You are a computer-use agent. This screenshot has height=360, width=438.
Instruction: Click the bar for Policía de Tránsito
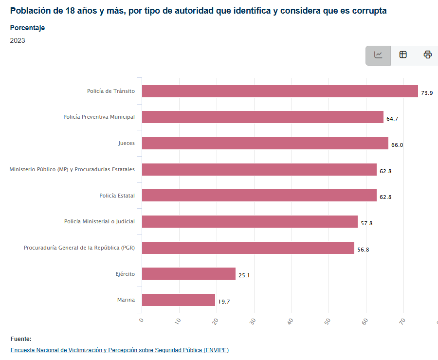click(x=280, y=91)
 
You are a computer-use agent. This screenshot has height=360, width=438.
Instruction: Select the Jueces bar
click(x=265, y=144)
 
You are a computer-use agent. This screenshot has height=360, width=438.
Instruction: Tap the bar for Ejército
click(x=189, y=274)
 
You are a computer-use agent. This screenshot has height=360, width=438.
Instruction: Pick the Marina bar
click(x=179, y=300)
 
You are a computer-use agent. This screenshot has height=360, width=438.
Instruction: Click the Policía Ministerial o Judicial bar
click(x=250, y=222)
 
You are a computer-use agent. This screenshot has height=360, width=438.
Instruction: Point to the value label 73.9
click(x=427, y=92)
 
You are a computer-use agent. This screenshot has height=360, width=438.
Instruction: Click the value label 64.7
click(x=392, y=119)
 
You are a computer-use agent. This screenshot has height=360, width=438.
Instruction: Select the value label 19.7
click(x=224, y=302)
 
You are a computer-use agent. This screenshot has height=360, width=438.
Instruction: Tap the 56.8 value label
click(x=363, y=250)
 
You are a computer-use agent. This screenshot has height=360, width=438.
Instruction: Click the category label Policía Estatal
click(x=117, y=196)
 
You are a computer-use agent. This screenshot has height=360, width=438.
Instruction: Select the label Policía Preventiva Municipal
click(x=99, y=117)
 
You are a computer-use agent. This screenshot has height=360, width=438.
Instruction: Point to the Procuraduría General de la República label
click(x=79, y=248)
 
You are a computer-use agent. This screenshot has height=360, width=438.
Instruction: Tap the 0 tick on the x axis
click(x=142, y=320)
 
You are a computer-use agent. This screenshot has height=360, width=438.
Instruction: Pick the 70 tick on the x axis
click(x=402, y=321)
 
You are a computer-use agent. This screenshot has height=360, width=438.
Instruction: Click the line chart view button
click(x=378, y=55)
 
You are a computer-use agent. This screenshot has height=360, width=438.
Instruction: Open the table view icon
click(x=403, y=55)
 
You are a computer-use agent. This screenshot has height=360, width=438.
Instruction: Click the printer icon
click(x=427, y=55)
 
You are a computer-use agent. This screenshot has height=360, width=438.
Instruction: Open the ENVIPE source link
click(x=119, y=350)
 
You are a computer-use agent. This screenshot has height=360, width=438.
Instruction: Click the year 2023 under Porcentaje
click(x=18, y=40)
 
